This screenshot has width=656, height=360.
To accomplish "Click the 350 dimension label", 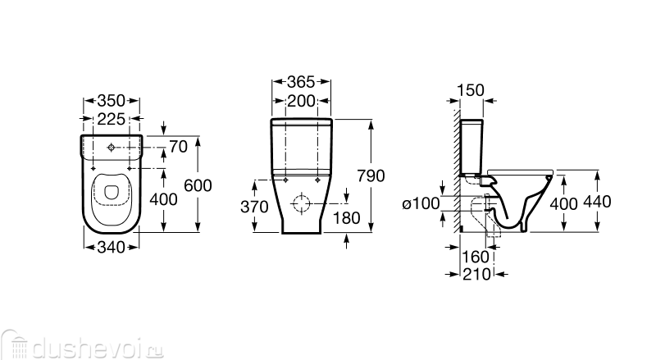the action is pyautogui.click(x=112, y=101).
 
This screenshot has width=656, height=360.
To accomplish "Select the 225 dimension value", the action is pyautogui.click(x=112, y=119).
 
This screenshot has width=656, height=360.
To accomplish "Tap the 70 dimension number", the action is pyautogui.click(x=178, y=147).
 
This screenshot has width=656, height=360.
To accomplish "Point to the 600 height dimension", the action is pyautogui.click(x=198, y=185).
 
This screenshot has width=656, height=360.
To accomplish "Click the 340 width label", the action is pyautogui.click(x=112, y=248).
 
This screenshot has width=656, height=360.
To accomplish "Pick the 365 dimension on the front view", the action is pyautogui.click(x=301, y=82).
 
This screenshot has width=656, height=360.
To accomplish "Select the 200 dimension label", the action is pyautogui.click(x=301, y=101).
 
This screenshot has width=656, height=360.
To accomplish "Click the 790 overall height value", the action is pyautogui.click(x=371, y=175).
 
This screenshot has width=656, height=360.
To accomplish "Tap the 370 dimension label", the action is pyautogui.click(x=254, y=207).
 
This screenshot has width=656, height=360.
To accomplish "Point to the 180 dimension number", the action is pyautogui.click(x=346, y=217).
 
